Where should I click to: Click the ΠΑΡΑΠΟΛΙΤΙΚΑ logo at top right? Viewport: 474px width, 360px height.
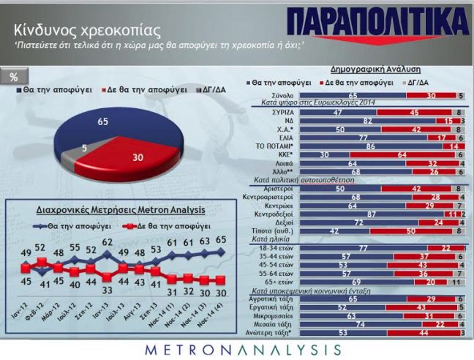point(378,23)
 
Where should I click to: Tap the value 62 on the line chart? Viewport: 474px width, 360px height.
point(107,242)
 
